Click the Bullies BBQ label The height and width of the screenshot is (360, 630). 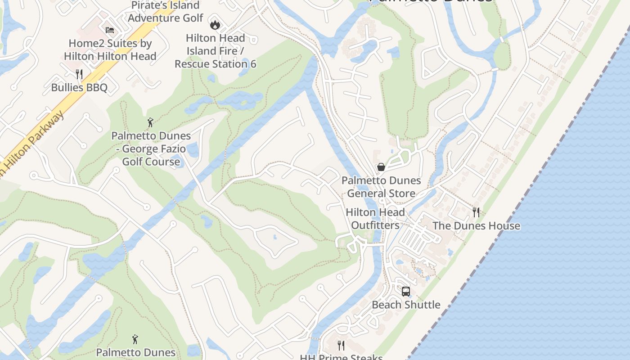(79, 87)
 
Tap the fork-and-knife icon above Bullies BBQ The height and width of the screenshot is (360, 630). (79, 73)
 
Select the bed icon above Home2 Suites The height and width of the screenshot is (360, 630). (110, 30)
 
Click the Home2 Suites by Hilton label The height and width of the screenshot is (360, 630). (110, 50)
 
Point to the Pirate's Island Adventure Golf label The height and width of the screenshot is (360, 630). (165, 12)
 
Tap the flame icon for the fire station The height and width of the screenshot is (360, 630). (215, 25)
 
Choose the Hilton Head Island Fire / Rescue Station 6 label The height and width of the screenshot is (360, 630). (215, 51)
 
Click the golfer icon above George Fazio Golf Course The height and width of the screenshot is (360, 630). (151, 122)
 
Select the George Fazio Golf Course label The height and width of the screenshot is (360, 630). (151, 148)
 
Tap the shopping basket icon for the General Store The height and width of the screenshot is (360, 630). (381, 167)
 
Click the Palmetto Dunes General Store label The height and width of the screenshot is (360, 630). (381, 187)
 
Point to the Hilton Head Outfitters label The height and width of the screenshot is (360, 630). (375, 219)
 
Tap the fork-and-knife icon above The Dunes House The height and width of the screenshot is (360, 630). (476, 212)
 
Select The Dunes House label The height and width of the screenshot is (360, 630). (476, 225)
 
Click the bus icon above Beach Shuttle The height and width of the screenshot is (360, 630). (406, 291)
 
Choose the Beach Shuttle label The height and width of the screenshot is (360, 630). (406, 305)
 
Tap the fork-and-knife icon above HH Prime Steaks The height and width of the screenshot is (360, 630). (341, 345)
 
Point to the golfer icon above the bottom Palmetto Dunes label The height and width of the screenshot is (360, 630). (135, 339)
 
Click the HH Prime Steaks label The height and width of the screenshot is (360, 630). (341, 357)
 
